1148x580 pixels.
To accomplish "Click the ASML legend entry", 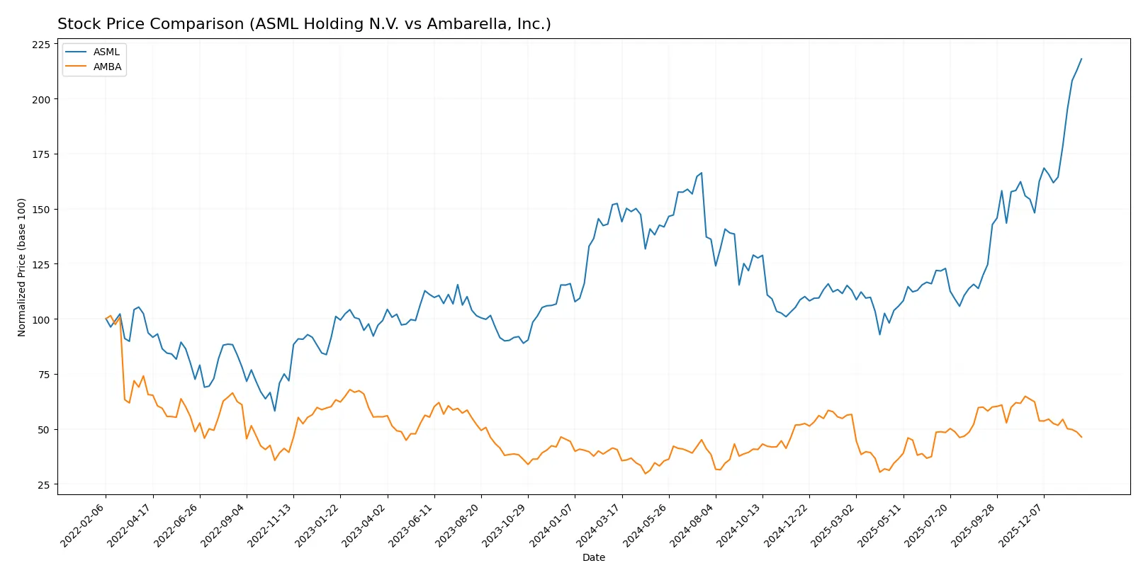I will click(x=106, y=52).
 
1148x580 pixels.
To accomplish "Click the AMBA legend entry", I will click(x=107, y=67).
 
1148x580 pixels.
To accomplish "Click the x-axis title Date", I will click(x=593, y=558).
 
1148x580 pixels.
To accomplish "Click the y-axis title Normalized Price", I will click(x=21, y=267).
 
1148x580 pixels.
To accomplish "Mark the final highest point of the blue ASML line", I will click(x=1081, y=59).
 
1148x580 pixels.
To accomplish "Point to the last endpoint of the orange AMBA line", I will click(x=1081, y=437).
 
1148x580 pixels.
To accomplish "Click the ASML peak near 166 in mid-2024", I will click(x=701, y=173).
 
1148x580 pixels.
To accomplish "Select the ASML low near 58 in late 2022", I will click(x=275, y=411).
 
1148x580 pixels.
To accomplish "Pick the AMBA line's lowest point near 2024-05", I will click(x=645, y=473).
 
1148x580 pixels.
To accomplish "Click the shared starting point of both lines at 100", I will click(x=106, y=319).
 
